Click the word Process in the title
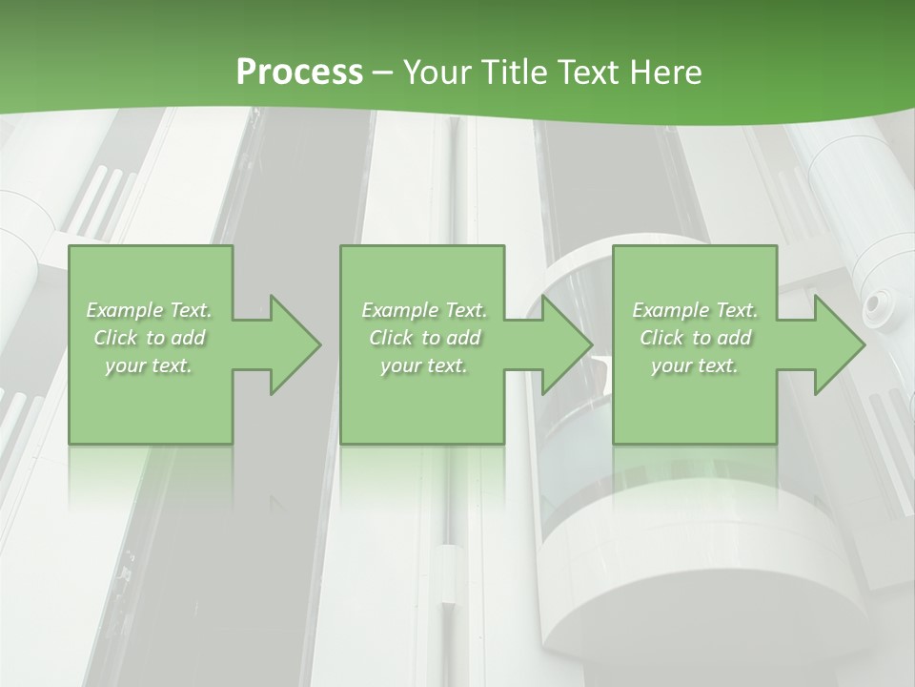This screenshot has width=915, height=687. (x=299, y=73)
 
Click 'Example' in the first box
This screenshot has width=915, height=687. (x=125, y=310)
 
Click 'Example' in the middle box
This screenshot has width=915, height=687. (x=399, y=310)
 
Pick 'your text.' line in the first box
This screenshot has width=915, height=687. (x=150, y=365)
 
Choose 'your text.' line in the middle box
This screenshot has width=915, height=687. (x=424, y=365)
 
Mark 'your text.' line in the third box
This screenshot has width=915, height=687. (x=696, y=365)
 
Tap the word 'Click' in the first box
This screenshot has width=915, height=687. (x=115, y=338)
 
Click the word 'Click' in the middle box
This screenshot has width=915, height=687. (x=391, y=338)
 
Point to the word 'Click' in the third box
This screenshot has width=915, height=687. (x=661, y=338)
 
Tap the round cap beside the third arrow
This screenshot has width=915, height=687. (x=874, y=305)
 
